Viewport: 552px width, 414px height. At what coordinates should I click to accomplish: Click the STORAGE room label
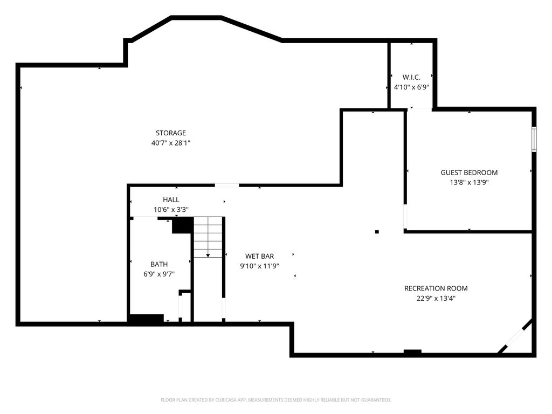[x=171, y=133]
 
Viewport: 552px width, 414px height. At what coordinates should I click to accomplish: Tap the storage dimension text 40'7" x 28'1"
[x=171, y=143]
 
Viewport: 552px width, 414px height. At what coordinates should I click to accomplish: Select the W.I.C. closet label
[x=411, y=77]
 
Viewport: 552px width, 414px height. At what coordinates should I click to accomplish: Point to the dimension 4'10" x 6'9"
[x=411, y=87]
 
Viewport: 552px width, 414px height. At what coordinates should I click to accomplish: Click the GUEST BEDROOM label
[x=469, y=172]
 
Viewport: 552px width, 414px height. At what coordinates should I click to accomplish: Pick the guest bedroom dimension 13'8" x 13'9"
[x=469, y=182]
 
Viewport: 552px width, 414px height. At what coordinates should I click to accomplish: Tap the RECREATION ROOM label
[x=436, y=288]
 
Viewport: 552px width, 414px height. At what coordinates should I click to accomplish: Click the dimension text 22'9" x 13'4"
[x=436, y=298]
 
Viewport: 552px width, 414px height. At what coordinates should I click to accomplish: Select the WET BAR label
[x=259, y=256]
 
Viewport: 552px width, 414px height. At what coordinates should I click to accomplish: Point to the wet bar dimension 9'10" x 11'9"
[x=259, y=266]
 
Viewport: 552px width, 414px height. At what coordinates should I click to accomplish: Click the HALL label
[x=171, y=199]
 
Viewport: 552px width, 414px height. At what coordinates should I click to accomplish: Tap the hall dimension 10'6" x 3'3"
[x=171, y=210]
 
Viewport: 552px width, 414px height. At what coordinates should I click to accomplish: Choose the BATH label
[x=159, y=264]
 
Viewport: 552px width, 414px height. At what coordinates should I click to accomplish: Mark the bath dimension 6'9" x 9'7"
[x=159, y=274]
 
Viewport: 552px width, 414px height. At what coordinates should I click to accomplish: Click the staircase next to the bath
[x=208, y=237]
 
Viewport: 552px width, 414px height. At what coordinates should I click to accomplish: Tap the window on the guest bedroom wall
[x=534, y=139]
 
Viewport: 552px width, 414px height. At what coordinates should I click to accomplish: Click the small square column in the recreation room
[x=377, y=232]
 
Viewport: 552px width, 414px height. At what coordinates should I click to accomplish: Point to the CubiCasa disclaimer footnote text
[x=275, y=400]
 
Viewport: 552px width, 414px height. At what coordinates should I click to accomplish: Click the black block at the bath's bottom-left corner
[x=146, y=319]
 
